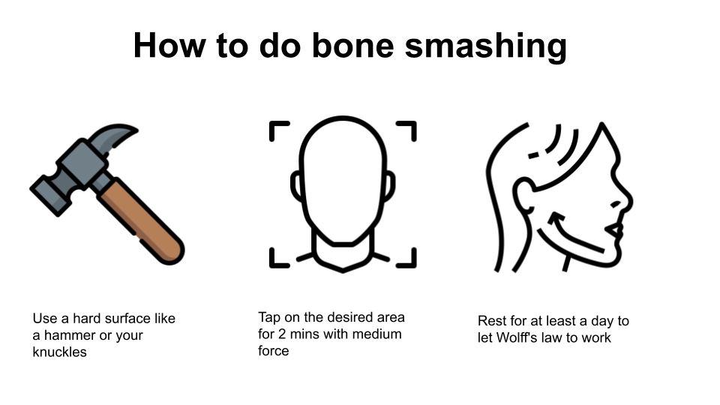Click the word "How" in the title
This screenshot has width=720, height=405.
click(169, 46)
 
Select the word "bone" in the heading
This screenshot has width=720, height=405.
click(352, 46)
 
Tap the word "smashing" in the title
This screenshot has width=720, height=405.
click(486, 48)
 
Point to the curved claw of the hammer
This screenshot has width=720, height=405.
click(112, 136)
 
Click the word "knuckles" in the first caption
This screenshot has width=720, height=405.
click(60, 352)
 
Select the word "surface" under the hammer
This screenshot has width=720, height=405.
click(124, 319)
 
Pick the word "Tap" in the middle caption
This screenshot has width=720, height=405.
click(269, 318)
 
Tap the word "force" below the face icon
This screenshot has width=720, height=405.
click(274, 351)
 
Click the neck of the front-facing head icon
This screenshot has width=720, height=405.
click(343, 255)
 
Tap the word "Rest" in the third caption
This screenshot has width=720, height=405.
click(490, 321)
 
